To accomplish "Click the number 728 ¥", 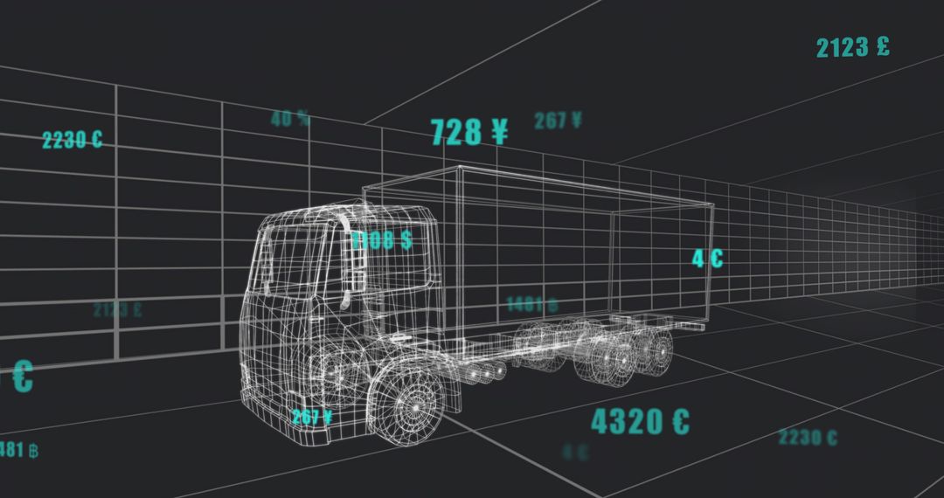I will pyautogui.click(x=469, y=132).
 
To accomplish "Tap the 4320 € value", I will pyautogui.click(x=640, y=422).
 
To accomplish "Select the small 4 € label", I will pyautogui.click(x=707, y=259).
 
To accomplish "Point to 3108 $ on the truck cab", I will pyautogui.click(x=382, y=241).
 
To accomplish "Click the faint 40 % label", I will pyautogui.click(x=290, y=119).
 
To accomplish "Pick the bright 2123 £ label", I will pyautogui.click(x=852, y=47).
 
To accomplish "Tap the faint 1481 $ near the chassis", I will pyautogui.click(x=531, y=305).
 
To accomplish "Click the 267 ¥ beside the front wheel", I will pyautogui.click(x=312, y=418).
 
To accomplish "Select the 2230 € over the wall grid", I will pyautogui.click(x=72, y=140).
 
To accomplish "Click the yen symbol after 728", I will pyautogui.click(x=499, y=131).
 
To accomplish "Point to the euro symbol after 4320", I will pyautogui.click(x=680, y=422).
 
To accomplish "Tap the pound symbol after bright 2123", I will pyautogui.click(x=882, y=46).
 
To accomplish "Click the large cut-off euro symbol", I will pyautogui.click(x=21, y=377).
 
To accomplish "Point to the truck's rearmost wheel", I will pyautogui.click(x=662, y=349).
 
